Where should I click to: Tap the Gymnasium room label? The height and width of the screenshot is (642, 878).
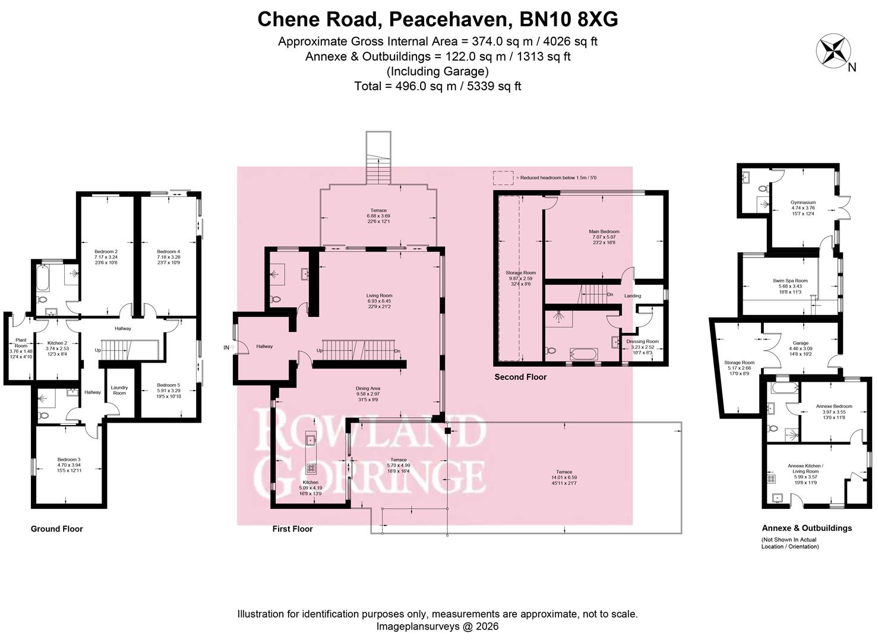tap(803, 203)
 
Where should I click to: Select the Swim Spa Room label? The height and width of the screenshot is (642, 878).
tap(790, 281)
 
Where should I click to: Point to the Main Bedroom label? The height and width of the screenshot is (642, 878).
tap(604, 231)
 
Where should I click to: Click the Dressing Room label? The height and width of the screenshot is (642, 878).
tap(642, 341)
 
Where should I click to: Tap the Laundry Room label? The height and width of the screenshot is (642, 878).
tap(119, 390)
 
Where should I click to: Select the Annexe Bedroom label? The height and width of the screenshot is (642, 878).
tap(834, 406)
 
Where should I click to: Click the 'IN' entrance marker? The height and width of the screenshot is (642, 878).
tap(226, 348)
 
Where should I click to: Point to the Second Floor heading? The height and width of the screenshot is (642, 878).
tap(520, 377)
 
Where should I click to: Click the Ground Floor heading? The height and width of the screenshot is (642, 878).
tap(57, 528)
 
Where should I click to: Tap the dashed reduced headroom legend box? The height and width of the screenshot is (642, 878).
tap(503, 178)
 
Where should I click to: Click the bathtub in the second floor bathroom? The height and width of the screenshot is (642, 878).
tap(584, 353)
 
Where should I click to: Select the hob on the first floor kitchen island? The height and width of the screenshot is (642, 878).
tap(311, 467)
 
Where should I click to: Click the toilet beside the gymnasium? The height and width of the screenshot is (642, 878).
tap(762, 188)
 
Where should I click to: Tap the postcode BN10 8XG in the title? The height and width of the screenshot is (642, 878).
tap(569, 19)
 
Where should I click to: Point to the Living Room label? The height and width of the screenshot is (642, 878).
tap(379, 295)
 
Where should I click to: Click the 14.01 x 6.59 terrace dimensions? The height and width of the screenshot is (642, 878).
tap(564, 477)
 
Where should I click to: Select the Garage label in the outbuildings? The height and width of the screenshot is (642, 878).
tap(800, 343)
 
